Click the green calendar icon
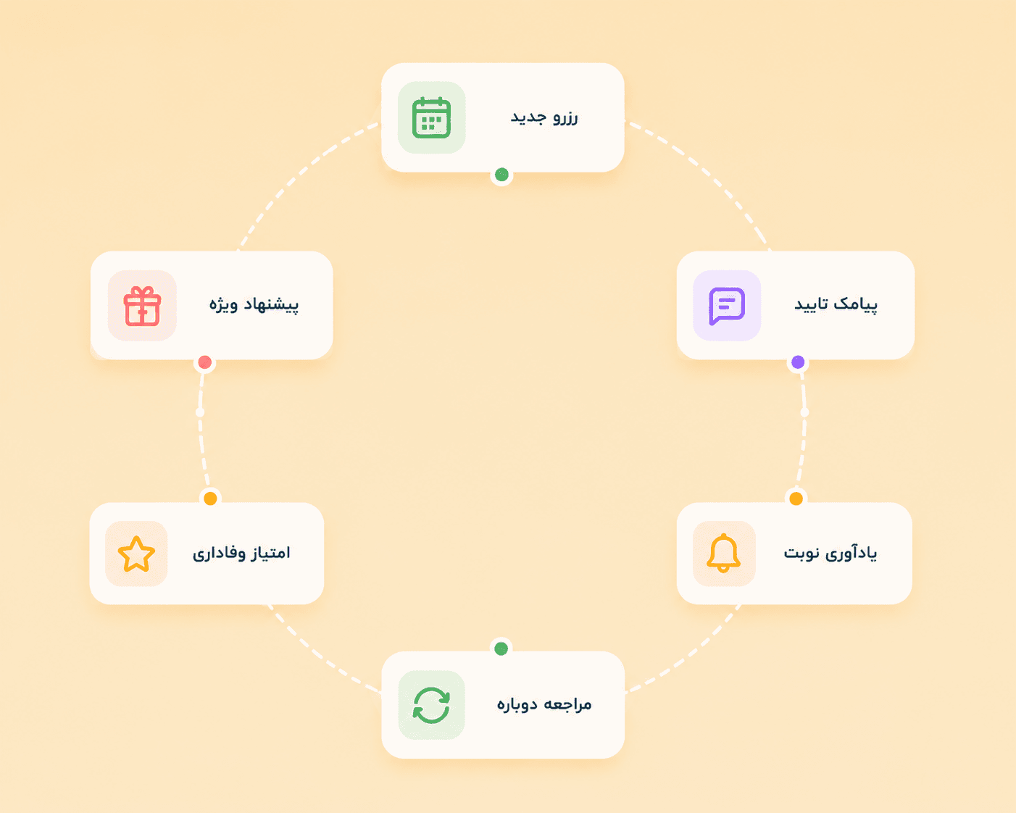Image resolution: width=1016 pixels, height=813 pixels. (x=431, y=117)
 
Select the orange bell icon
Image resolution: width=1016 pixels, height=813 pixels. (x=723, y=554)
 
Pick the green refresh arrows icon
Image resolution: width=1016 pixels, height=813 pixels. (x=431, y=705)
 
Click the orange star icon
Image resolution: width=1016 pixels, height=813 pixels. (x=136, y=554)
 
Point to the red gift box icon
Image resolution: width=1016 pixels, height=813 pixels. (x=142, y=306)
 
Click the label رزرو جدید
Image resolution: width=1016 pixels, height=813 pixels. (x=544, y=117)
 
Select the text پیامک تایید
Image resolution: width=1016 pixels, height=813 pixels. (x=836, y=304)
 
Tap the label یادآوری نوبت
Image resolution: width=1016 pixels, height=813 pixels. (x=830, y=553)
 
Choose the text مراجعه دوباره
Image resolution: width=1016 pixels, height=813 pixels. (x=544, y=704)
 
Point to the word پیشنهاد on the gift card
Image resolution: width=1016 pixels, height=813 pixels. (x=271, y=305)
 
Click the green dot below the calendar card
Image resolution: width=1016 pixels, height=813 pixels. (x=501, y=175)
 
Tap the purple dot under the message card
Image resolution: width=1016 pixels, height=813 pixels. (x=798, y=362)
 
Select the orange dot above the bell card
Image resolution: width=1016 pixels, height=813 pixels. (x=796, y=499)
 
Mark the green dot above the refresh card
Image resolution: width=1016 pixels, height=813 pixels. (x=501, y=649)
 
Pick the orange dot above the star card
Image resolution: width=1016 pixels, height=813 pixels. (x=211, y=499)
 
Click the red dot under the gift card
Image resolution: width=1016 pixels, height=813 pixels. (x=205, y=362)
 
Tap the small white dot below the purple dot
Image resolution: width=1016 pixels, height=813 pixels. (x=804, y=412)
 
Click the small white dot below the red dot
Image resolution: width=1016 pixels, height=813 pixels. (x=200, y=412)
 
